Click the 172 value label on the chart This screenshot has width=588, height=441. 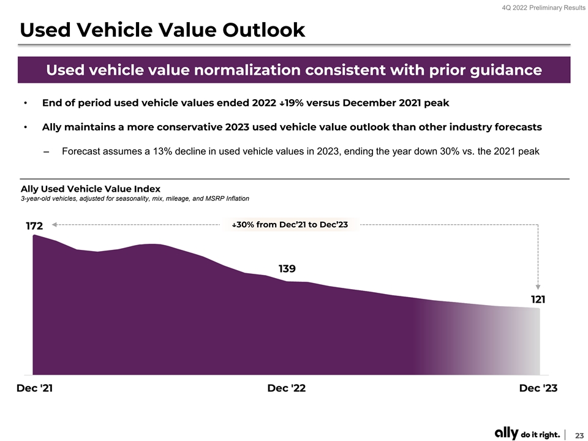34,227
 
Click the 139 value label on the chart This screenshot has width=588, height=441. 287,268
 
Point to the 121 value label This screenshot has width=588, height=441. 538,300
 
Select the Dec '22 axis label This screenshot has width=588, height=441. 287,389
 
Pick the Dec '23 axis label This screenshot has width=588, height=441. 538,389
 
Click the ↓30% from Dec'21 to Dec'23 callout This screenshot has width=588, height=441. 290,225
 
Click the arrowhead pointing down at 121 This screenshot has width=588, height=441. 538,285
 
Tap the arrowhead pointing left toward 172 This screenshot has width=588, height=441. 55,225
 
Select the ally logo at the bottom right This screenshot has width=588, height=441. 507,433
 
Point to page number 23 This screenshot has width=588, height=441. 579,434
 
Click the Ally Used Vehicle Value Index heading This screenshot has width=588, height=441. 91,189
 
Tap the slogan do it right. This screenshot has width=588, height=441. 540,434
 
